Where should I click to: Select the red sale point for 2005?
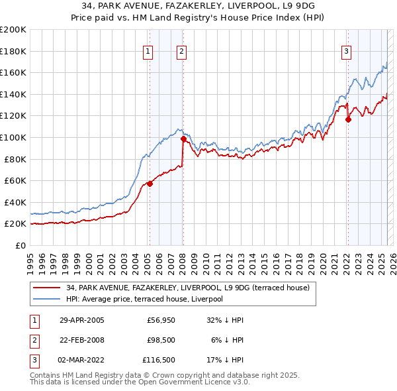pos(150,184)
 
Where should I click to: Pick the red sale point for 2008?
pos(183,139)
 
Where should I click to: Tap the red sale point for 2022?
pos(348,119)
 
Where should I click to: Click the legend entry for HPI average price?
pos(144,299)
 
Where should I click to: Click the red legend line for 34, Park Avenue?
pos(46,288)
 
